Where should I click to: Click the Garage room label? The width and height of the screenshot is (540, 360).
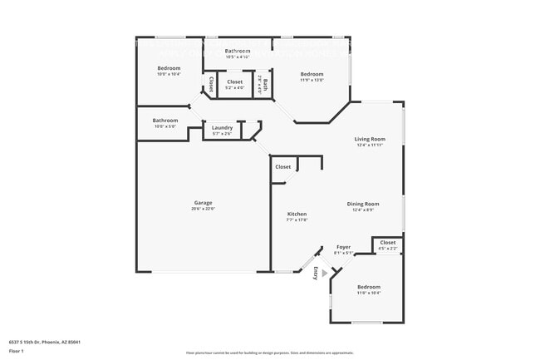point(204,203)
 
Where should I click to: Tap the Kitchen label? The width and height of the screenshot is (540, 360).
point(297,214)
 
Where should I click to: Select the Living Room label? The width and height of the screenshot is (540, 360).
point(370,139)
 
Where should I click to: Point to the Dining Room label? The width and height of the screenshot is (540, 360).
point(363,204)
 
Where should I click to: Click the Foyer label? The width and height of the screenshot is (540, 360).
point(344,248)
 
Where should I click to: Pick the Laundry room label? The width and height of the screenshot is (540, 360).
point(222,127)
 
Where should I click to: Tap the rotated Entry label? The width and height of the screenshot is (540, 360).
point(315,273)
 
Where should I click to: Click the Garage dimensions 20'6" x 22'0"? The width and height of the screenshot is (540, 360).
point(204,209)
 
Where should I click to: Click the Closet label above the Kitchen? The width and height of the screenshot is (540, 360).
point(283,166)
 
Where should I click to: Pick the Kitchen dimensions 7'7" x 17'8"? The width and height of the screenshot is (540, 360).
point(297,219)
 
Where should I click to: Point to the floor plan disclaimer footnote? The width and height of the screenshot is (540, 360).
point(269,353)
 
